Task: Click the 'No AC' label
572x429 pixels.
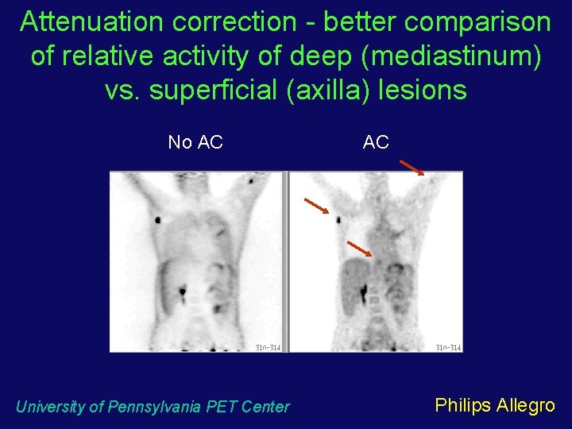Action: pos(195,142)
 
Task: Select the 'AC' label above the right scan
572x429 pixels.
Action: pos(376,142)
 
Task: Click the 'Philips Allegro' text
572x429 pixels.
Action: pos(495,405)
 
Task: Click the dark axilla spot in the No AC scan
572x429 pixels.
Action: pos(159,218)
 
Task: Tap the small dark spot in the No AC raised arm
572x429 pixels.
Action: pos(252,182)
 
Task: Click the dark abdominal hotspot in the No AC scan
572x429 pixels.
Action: pos(183,291)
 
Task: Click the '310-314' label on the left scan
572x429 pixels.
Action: pos(268,347)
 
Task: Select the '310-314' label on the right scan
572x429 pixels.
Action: pos(448,347)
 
